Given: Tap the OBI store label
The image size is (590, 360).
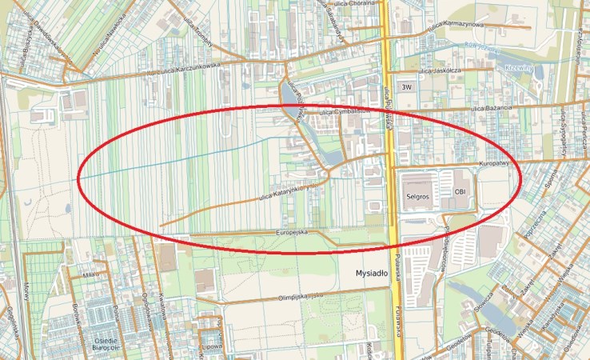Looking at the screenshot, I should tap(460, 192).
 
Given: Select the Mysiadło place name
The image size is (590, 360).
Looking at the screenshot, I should tap(371, 274).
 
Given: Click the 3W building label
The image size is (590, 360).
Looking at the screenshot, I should tap(407, 86).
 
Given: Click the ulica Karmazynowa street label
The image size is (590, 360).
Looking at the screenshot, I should tap(456, 26).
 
